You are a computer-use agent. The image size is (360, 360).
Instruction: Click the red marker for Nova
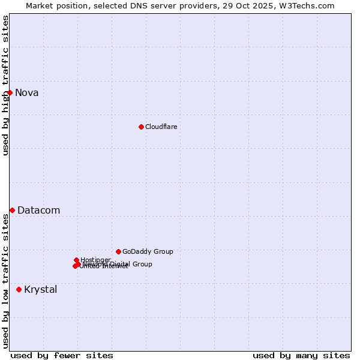(x=10, y=92)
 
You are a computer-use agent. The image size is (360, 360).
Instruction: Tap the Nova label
(x=27, y=92)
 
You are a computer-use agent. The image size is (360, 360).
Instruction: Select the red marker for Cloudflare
(x=141, y=127)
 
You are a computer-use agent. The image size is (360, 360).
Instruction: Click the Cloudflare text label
(x=161, y=127)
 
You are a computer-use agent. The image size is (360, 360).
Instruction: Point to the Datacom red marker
(x=12, y=210)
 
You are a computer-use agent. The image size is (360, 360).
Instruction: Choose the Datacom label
(x=39, y=210)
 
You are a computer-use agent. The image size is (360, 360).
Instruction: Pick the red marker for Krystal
(x=19, y=289)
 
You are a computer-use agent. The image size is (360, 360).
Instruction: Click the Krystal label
(x=41, y=289)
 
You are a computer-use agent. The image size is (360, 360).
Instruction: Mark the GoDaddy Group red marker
(x=118, y=251)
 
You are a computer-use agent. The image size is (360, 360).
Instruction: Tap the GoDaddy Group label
(x=148, y=251)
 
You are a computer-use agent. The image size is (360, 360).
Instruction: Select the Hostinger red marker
(x=76, y=260)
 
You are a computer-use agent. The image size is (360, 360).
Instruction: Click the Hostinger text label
(x=96, y=260)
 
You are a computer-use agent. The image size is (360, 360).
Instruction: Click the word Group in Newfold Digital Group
(x=142, y=264)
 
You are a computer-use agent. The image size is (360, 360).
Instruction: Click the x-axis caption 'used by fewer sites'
(x=62, y=355)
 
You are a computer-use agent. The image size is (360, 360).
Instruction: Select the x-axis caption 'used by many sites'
(x=301, y=355)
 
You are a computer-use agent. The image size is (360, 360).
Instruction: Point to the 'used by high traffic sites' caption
(x=5, y=85)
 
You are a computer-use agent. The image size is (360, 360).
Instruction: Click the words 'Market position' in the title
(x=53, y=5)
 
